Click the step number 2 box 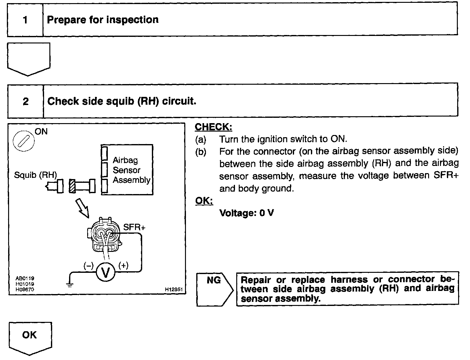coord(26,101)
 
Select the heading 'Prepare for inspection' coord(102,20)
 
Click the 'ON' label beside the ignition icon coord(41,132)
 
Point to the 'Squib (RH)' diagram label coord(35,175)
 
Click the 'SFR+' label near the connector coord(134,227)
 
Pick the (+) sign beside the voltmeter coord(123,266)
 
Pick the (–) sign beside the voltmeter coord(88,266)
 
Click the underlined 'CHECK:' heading coord(213,127)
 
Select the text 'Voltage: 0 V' coord(247,213)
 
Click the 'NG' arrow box coord(214,289)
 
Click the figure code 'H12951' coord(173,290)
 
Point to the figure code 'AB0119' coord(25,278)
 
